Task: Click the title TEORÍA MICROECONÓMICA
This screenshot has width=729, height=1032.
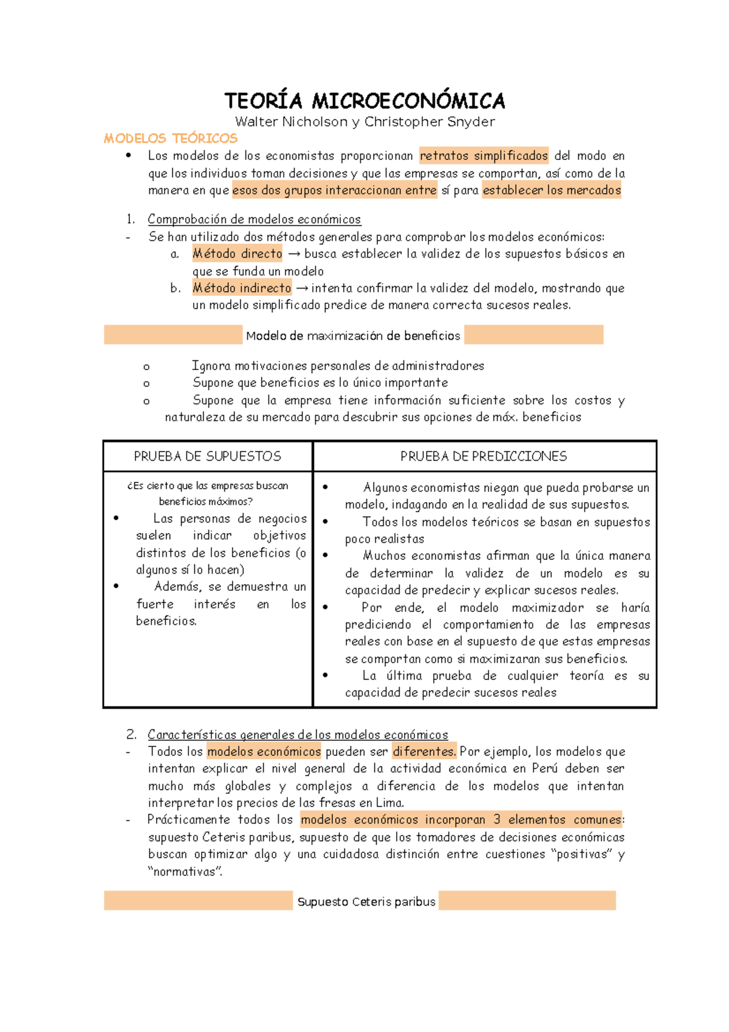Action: tap(364, 100)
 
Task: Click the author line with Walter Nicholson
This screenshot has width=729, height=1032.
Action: tap(364, 122)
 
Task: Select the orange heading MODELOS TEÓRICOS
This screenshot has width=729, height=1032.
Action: tap(171, 139)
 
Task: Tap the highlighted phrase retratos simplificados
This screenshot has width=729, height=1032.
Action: tap(484, 156)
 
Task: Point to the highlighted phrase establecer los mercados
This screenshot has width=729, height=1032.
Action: tap(552, 190)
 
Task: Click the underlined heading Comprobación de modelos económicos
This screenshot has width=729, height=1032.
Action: tap(254, 219)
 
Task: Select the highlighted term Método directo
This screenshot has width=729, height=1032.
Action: tap(238, 253)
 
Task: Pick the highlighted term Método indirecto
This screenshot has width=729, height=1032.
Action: tap(242, 288)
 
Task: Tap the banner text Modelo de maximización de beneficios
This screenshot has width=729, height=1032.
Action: tap(353, 335)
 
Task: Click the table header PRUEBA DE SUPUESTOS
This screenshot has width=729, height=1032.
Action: tap(208, 456)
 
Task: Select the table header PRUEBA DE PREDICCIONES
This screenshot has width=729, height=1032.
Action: tap(484, 456)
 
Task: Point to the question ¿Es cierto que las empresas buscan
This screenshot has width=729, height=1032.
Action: tap(208, 486)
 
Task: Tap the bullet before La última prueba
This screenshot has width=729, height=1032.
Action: tap(326, 675)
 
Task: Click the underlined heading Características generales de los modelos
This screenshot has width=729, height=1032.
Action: tap(298, 735)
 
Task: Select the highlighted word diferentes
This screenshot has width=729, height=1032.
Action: tap(424, 752)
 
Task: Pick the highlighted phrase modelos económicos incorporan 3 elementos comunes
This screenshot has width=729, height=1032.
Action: tap(461, 820)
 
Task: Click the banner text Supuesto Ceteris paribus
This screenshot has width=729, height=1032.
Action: tap(366, 902)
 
